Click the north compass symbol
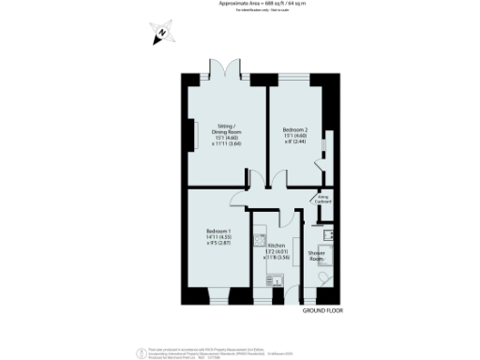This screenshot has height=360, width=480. pyautogui.click(x=160, y=34)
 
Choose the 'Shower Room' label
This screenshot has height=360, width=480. pyautogui.click(x=316, y=254)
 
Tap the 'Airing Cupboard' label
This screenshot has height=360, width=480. pyautogui.click(x=323, y=200)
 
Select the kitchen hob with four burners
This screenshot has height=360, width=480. pyautogui.click(x=260, y=239)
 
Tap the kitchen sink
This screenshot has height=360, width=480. pyautogui.click(x=277, y=279)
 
